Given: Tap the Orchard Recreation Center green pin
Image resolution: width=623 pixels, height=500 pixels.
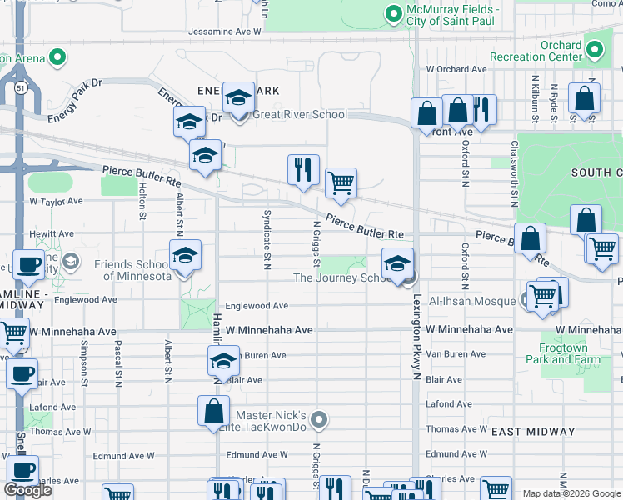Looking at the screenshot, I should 594,51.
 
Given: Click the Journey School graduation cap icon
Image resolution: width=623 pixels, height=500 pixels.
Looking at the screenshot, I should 397,264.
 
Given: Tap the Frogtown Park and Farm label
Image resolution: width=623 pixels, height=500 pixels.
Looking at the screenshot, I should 563,353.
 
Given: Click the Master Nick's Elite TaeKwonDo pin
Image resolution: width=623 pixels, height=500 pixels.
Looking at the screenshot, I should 318,421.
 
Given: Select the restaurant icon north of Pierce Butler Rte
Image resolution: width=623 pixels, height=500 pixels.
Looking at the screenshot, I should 303,169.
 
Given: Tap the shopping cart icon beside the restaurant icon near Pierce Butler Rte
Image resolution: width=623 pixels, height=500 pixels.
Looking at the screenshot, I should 340,182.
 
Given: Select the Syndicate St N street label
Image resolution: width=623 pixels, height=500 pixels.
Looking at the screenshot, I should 267,249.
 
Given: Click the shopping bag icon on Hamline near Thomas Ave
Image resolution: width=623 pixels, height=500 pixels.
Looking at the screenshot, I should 213,410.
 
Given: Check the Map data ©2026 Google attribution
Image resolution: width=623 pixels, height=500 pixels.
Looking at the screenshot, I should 571,493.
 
